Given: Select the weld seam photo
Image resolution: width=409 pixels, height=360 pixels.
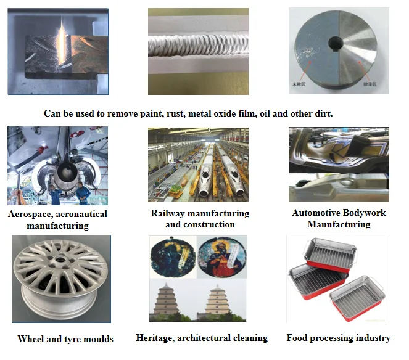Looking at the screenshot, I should click(x=198, y=51).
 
